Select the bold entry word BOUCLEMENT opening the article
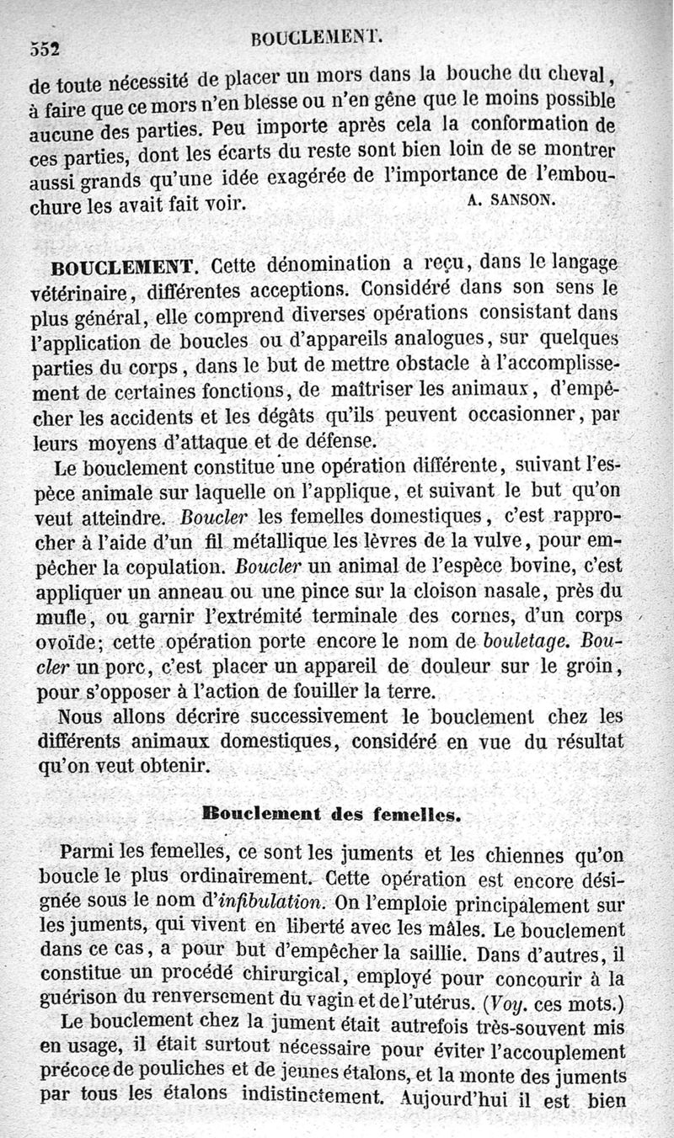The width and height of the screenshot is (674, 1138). (123, 269)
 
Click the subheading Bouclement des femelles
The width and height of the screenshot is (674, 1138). (331, 813)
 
